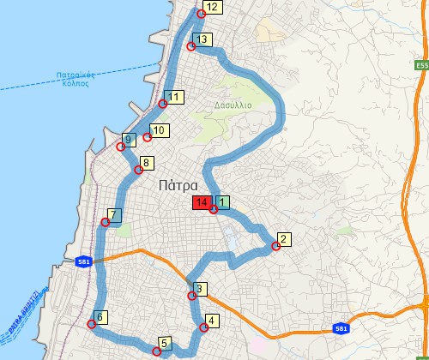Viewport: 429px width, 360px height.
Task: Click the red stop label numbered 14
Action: (x=201, y=203)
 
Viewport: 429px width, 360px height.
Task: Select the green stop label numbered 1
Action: (x=222, y=203)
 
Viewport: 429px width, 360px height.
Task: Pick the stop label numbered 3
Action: (x=199, y=288)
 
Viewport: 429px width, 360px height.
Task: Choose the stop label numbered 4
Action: (x=212, y=321)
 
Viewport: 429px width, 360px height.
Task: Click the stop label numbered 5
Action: (x=164, y=343)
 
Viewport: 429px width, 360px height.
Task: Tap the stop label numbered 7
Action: (x=113, y=214)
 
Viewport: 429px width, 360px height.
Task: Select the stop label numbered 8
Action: (x=146, y=163)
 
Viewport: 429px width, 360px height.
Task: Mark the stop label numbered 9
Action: (x=128, y=139)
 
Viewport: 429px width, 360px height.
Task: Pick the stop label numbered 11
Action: (x=175, y=97)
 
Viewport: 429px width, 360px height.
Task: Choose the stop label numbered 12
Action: (x=212, y=7)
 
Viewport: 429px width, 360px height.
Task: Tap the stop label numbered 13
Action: (x=202, y=39)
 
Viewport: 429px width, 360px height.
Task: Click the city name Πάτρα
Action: (x=178, y=185)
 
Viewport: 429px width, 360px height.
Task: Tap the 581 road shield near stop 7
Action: (x=83, y=261)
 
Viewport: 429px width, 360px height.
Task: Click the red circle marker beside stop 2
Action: (x=276, y=247)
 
